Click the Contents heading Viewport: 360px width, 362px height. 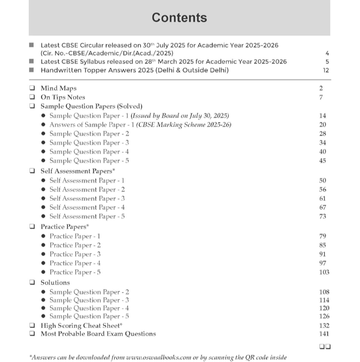[x=179, y=18]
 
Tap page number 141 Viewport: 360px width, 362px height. [x=324, y=333]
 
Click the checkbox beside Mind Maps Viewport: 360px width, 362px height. [x=32, y=89]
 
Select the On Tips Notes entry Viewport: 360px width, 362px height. [x=62, y=97]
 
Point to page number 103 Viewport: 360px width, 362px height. [x=323, y=272]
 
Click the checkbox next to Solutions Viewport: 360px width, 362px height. [x=32, y=282]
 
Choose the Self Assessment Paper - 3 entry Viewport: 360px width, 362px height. [x=87, y=198]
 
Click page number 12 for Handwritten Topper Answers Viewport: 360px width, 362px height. [x=326, y=71]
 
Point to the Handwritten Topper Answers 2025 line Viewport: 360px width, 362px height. [x=134, y=71]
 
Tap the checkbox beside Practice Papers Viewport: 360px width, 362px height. [x=32, y=227]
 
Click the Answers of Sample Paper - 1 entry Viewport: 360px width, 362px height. [x=140, y=125]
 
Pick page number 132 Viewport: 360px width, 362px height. [x=324, y=325]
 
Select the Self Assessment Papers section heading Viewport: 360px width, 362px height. [x=75, y=171]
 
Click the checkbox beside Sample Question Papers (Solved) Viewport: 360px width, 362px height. [x=32, y=106]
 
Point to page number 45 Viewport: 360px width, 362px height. [x=322, y=161]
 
